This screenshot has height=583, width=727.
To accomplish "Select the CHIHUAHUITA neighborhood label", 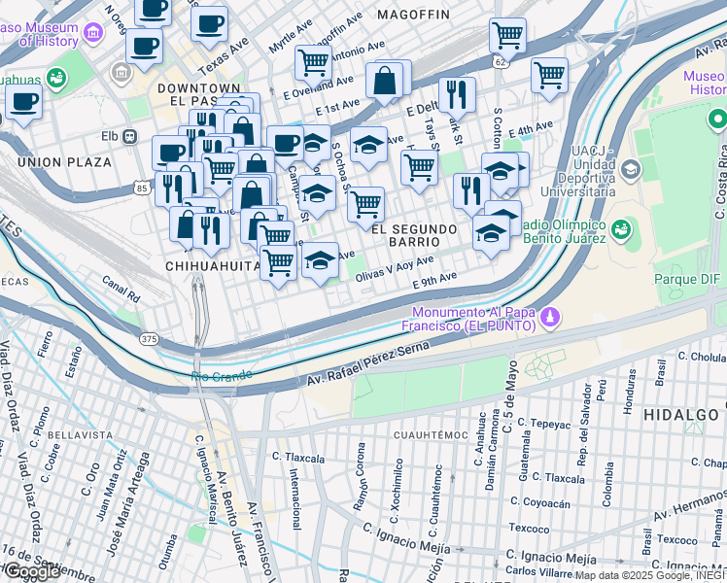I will (211, 265).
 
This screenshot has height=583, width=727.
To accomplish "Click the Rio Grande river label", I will (222, 375).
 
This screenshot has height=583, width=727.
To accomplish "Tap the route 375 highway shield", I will (149, 338).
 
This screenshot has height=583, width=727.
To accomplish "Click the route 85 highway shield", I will (143, 187).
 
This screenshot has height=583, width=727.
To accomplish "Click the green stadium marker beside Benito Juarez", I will (619, 231).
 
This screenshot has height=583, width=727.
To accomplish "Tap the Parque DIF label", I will (689, 280).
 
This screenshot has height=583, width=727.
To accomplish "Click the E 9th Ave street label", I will (433, 279).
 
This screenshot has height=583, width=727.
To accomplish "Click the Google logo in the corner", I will (32, 572).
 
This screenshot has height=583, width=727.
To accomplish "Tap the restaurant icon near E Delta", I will (456, 94).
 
